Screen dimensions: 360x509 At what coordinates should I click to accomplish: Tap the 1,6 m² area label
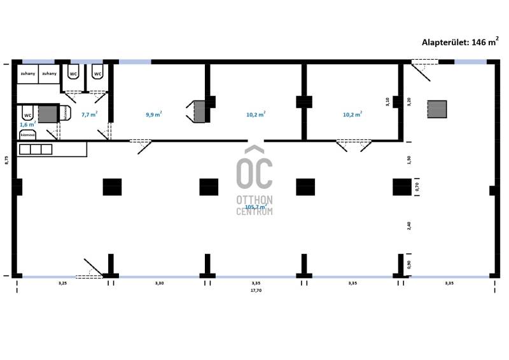27,125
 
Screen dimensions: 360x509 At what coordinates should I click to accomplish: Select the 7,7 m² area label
89,114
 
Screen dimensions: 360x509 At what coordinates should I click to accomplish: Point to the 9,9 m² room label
153,114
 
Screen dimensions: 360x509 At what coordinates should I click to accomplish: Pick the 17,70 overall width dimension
256,290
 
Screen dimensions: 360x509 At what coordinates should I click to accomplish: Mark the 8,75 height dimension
6,160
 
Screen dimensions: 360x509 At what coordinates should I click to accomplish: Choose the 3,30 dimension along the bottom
160,282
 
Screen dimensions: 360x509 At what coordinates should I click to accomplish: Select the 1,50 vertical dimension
409,160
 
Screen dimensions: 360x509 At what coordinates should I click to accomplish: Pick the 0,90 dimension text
409,265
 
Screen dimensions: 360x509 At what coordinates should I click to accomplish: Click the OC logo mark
254,167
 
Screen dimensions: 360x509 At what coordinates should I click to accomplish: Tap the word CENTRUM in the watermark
254,211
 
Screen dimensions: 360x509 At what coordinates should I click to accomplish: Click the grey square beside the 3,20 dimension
436,109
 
